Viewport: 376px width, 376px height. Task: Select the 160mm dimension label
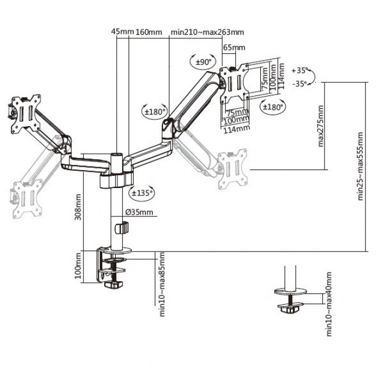tap(149, 32)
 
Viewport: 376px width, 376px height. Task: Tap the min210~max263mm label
tap(207, 32)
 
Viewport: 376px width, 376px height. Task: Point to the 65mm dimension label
tap(234, 47)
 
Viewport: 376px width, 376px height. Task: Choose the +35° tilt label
tap(300, 71)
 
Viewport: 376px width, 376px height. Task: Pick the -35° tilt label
tap(300, 84)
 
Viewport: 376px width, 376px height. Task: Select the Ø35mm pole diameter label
tap(141, 212)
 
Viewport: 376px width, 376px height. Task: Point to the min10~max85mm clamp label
tap(163, 285)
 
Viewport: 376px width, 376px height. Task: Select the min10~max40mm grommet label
tap(328, 304)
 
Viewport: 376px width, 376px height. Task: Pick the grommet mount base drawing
tap(292, 295)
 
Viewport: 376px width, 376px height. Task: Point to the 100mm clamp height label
tap(78, 266)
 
